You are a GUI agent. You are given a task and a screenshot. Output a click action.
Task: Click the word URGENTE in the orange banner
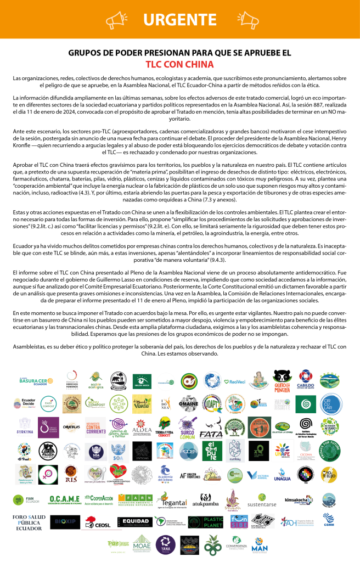[180, 20]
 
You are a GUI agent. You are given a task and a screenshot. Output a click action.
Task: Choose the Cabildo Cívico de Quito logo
[306, 379]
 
